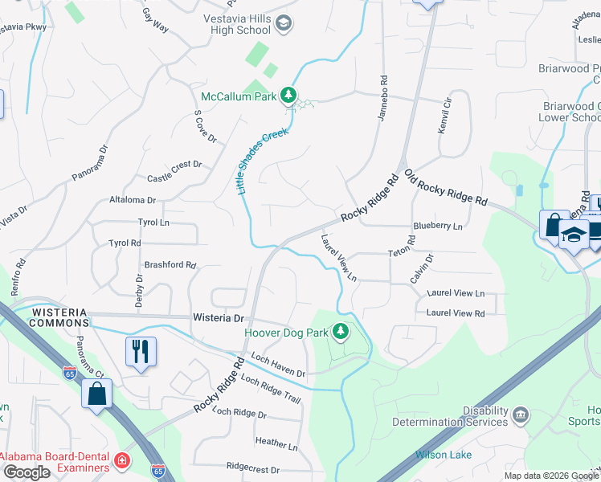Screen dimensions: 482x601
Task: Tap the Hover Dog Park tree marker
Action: [341, 330]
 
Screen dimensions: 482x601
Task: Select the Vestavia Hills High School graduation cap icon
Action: [283, 23]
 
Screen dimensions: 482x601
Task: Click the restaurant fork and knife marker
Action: [141, 349]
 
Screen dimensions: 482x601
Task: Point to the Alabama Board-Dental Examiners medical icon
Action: [121, 461]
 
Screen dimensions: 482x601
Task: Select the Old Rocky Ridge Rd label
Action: [446, 187]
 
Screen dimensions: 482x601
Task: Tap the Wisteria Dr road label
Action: [218, 318]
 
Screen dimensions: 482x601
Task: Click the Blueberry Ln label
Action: [438, 227]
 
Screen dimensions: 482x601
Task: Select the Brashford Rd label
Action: [170, 264]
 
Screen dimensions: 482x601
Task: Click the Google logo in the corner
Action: [27, 472]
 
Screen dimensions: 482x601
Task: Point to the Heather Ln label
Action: [276, 443]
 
